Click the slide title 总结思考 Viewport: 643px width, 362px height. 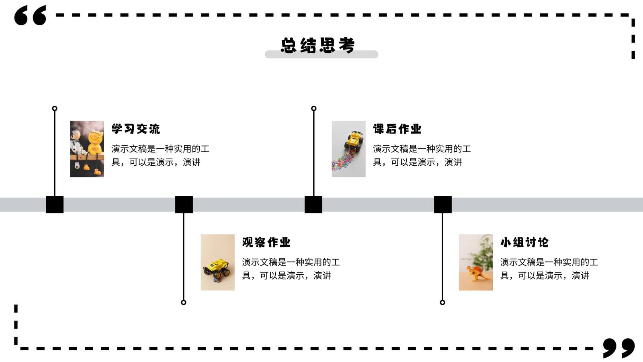coord(318,45)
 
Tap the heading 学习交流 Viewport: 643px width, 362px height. coord(136,129)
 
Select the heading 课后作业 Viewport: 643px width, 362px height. coord(397,129)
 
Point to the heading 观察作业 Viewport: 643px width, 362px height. coord(266,243)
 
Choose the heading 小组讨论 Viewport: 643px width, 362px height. coord(524,243)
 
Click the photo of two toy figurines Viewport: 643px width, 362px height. coord(87,149)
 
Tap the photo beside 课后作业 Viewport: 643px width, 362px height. coord(348,149)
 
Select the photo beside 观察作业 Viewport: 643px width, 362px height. coord(217,262)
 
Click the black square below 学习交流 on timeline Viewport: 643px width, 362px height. coord(55,205)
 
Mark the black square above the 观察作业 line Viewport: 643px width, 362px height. coord(184,205)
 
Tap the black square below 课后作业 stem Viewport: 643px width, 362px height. coord(313,205)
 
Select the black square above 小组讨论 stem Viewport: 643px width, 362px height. coord(442,205)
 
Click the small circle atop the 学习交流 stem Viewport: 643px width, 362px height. coord(55,106)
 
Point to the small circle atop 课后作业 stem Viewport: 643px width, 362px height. coord(314,106)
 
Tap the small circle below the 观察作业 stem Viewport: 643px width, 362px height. coord(184,304)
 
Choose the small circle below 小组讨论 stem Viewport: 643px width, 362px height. coord(442,304)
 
